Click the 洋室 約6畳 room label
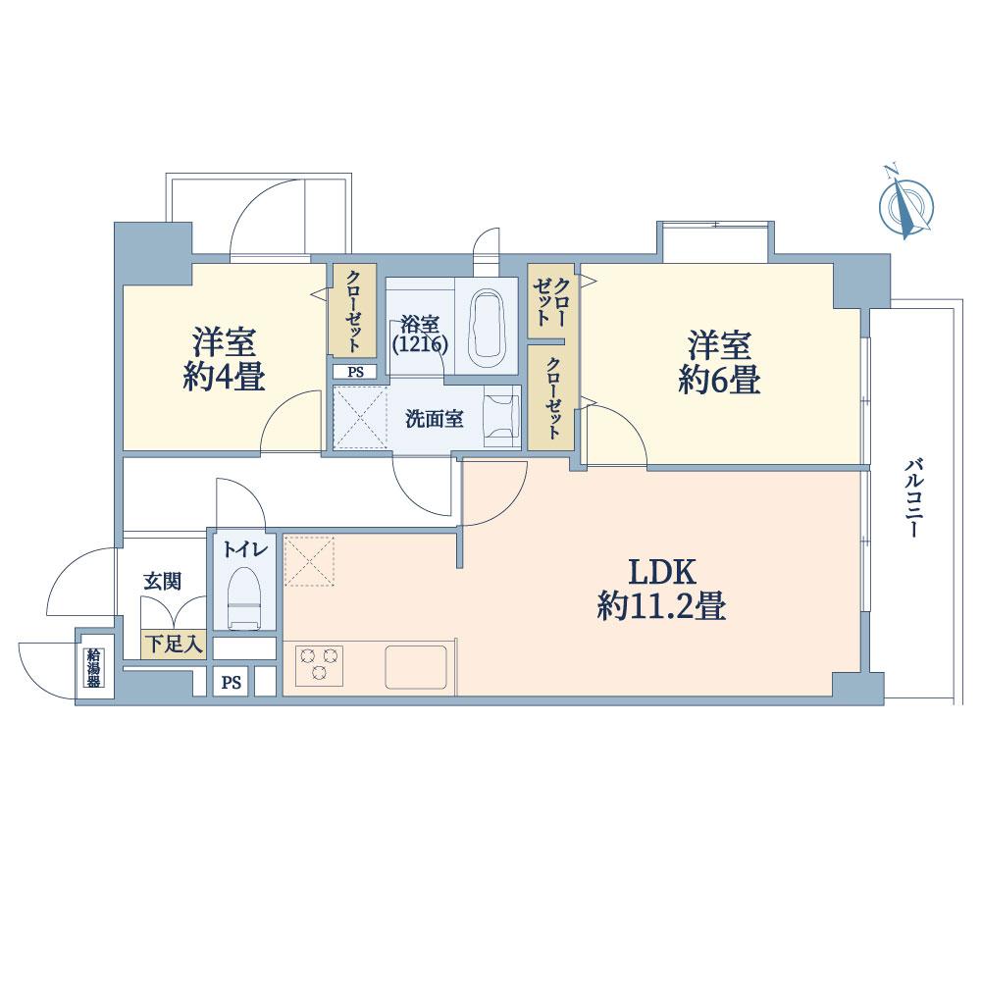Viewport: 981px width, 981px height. (x=719, y=362)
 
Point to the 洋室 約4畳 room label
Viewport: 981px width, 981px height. (x=224, y=360)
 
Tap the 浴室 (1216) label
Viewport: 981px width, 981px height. (x=420, y=334)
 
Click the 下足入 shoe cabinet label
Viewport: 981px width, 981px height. (x=174, y=645)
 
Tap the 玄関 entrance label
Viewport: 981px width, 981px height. (x=162, y=581)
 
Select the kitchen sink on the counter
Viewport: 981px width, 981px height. (x=417, y=667)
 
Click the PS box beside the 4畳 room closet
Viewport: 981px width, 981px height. (x=353, y=372)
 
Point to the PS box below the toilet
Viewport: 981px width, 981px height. (x=231, y=683)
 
